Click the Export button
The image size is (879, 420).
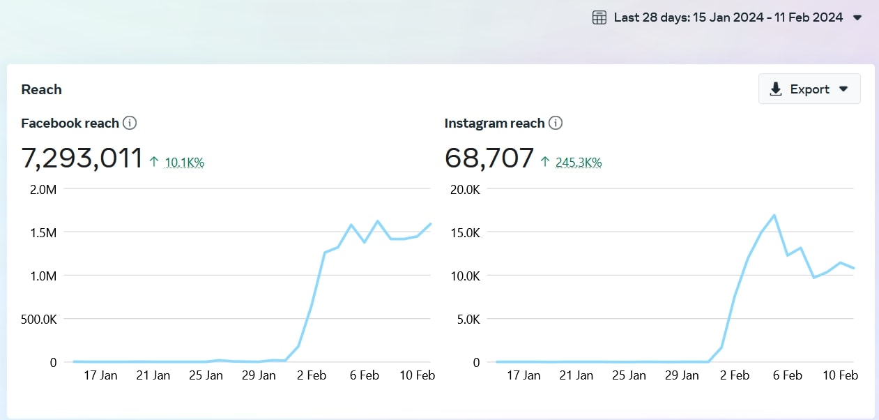[809, 89]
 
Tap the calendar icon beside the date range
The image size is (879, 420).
[599, 17]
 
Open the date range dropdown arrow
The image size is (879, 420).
[857, 17]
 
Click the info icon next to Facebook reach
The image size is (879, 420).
[130, 123]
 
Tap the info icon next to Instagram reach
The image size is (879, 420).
[556, 123]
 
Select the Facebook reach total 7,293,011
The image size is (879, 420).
[82, 158]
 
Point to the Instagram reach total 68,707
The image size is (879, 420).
[489, 158]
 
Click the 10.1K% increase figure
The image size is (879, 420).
[184, 163]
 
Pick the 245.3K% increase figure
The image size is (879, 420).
[579, 163]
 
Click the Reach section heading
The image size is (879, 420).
[41, 89]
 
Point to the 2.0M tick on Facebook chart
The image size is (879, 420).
[43, 190]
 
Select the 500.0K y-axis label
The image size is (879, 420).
[39, 320]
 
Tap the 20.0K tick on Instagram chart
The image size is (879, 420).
[465, 190]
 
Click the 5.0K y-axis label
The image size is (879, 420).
[468, 320]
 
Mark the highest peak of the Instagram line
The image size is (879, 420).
[774, 216]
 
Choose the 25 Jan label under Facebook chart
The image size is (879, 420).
[206, 375]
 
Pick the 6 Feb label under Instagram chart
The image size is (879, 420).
[787, 375]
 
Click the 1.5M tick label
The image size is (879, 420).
[43, 233]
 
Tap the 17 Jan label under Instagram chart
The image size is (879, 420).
[523, 375]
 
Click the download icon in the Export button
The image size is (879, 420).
[775, 89]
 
